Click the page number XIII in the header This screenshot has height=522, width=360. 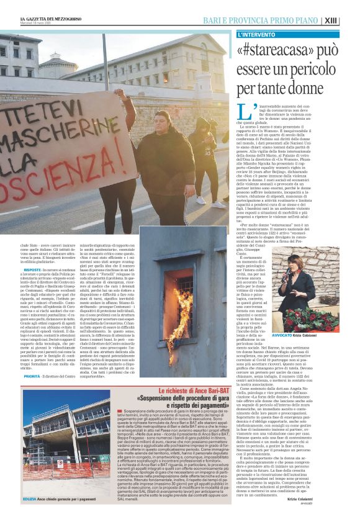tap(349, 20)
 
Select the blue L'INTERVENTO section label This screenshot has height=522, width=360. tap(256, 34)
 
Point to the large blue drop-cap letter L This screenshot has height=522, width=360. tap(243, 112)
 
